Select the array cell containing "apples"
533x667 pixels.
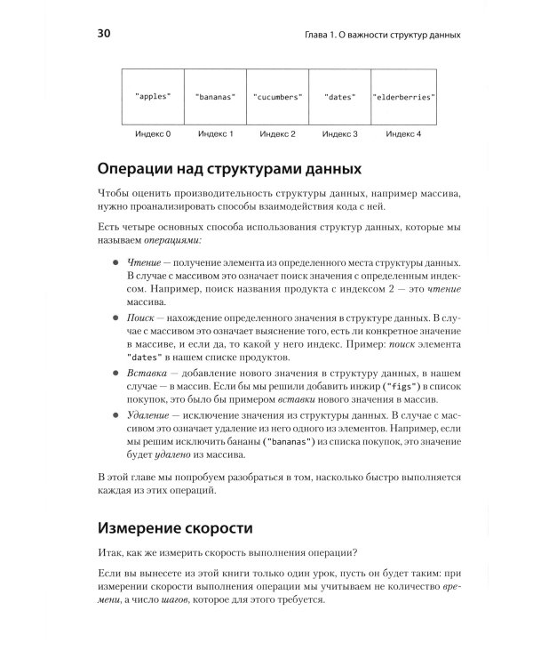pyautogui.click(x=152, y=95)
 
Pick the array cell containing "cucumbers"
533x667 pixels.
pyautogui.click(x=277, y=95)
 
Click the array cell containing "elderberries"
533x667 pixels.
pyautogui.click(x=402, y=95)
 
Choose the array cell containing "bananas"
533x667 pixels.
pyautogui.click(x=214, y=95)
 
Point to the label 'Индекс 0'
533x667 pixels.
pyautogui.click(x=152, y=134)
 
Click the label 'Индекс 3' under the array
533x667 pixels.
pyautogui.click(x=339, y=134)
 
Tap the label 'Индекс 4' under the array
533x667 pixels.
pyautogui.click(x=402, y=134)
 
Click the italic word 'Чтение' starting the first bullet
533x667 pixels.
pyautogui.click(x=143, y=264)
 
